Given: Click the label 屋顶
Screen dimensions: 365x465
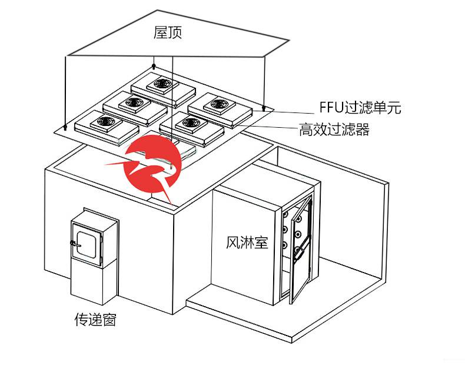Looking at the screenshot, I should point(168,33).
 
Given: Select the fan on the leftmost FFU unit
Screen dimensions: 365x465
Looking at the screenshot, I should point(106,122).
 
